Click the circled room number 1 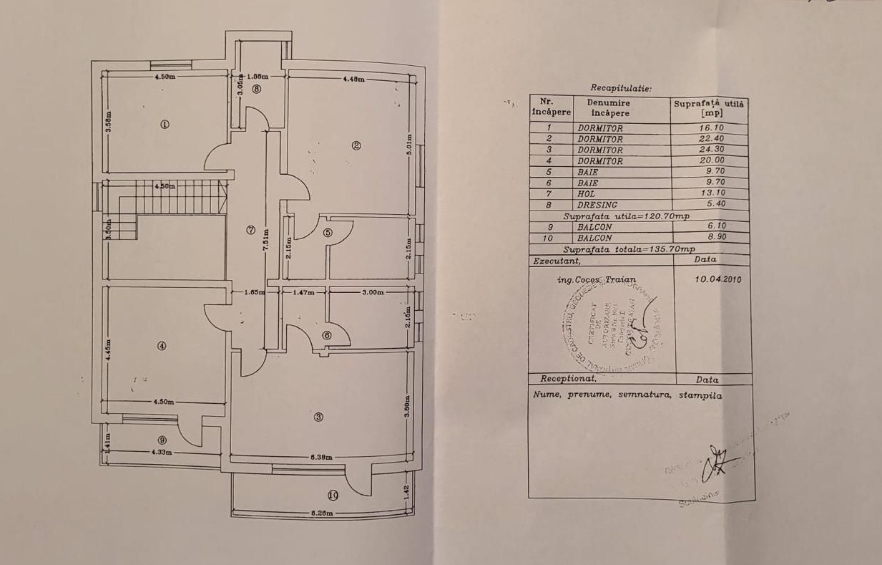[165, 124]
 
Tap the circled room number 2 [356, 146]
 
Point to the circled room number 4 [162, 346]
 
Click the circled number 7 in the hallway [250, 230]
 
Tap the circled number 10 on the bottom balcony [332, 494]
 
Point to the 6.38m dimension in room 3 [323, 456]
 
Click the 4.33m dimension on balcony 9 [162, 452]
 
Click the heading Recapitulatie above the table [621, 88]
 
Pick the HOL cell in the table [587, 193]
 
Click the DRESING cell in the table [594, 205]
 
